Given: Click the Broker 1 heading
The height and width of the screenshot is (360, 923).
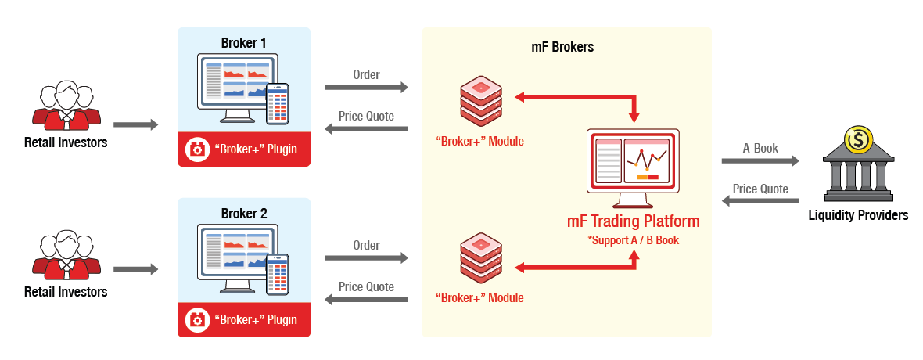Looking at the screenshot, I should tap(244, 42).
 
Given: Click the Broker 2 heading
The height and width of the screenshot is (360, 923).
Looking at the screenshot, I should tap(244, 213).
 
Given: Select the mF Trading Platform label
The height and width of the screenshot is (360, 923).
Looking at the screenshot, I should tap(634, 221).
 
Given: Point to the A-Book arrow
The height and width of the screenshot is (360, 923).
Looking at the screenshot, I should tap(760, 161).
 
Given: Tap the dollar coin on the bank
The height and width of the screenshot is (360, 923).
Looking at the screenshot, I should tap(858, 141).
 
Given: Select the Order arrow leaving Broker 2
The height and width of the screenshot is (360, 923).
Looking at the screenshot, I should tap(367, 257).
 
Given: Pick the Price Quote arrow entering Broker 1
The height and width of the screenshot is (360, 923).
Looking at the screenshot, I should tap(367, 129).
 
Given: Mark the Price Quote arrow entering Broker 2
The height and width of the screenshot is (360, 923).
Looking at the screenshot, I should tap(367, 300).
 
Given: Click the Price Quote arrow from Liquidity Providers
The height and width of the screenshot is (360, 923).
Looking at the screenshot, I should tap(760, 201).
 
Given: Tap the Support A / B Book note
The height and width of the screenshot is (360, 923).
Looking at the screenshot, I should tap(634, 240).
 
